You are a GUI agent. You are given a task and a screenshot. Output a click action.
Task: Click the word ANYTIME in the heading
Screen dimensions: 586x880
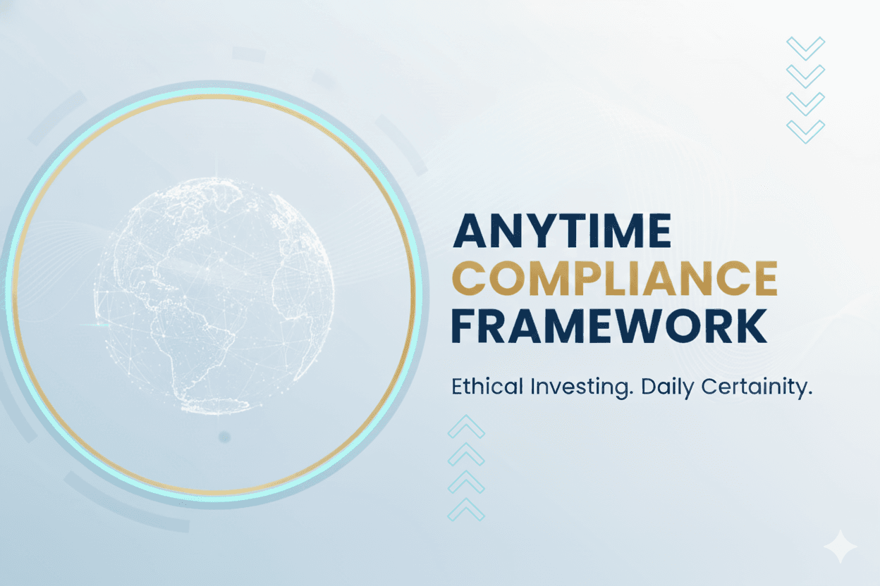(x=561, y=230)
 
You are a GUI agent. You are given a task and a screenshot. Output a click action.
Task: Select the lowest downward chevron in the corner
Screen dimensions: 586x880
(x=805, y=131)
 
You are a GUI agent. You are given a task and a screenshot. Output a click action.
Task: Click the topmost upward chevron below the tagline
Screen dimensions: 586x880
(x=466, y=427)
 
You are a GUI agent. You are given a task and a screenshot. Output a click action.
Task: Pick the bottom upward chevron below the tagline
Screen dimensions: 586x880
(x=466, y=509)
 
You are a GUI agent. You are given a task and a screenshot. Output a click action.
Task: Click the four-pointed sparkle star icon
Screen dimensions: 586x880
(x=840, y=547)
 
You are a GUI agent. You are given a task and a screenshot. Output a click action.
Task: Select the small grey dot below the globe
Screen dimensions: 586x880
(x=224, y=437)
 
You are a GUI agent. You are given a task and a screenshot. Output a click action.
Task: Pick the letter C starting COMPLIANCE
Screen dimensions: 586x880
(x=468, y=278)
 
